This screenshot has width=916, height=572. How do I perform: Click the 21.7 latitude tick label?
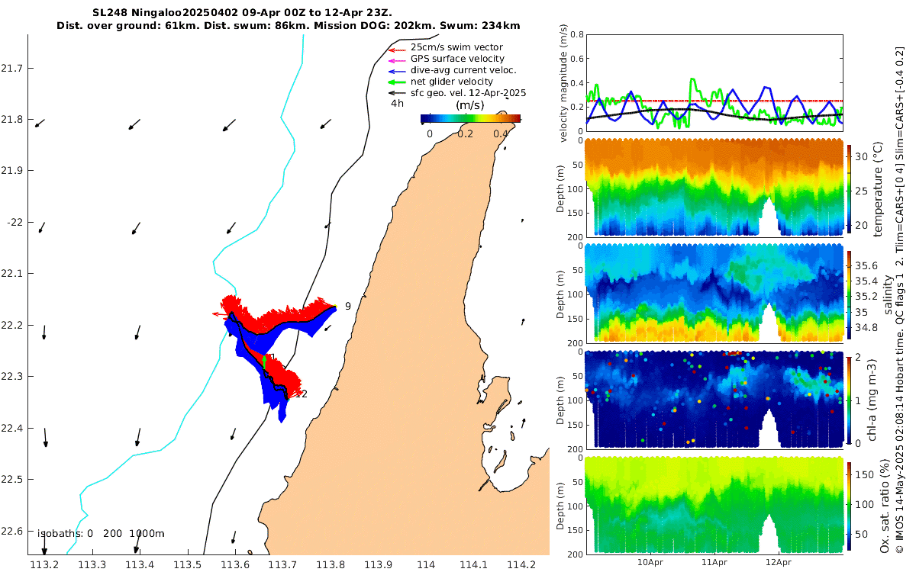point(13,69)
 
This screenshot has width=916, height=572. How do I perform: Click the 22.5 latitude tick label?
point(13,480)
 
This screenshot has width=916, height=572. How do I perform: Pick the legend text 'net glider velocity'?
point(452,82)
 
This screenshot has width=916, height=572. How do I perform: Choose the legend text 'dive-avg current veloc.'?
point(463,70)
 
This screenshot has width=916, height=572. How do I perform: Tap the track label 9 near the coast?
point(347,306)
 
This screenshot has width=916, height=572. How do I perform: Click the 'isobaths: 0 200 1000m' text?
point(101,534)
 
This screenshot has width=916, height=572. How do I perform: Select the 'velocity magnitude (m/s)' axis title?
point(564,83)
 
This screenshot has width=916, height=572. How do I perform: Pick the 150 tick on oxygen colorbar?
point(864,475)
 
